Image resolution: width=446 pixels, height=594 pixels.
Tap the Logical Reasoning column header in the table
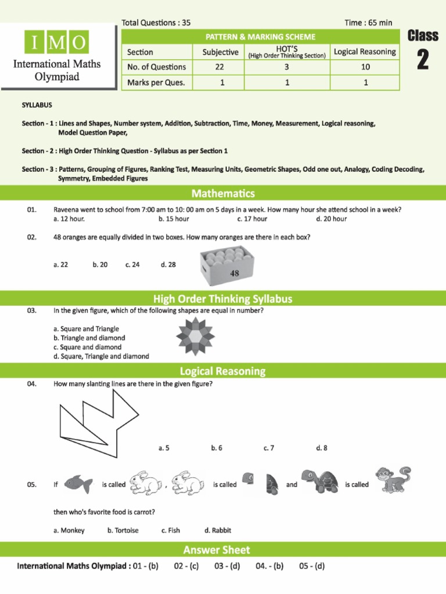click(365, 52)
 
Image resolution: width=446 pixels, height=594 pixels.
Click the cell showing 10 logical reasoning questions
click(365, 67)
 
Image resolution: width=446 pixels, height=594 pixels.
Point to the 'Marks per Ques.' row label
click(156, 82)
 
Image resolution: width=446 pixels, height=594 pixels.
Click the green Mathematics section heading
click(223, 193)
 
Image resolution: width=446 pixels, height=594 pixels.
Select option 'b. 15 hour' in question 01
click(174, 219)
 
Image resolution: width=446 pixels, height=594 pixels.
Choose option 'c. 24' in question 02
click(132, 265)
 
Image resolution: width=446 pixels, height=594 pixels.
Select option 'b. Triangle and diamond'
click(89, 338)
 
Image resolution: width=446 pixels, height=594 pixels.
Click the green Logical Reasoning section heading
click(223, 371)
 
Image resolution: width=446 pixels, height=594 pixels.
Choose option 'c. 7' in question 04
click(268, 448)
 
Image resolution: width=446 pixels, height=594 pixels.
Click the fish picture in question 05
click(78, 484)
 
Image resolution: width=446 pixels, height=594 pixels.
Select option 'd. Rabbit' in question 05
click(218, 530)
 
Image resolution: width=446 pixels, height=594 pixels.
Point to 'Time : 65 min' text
click(368, 23)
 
